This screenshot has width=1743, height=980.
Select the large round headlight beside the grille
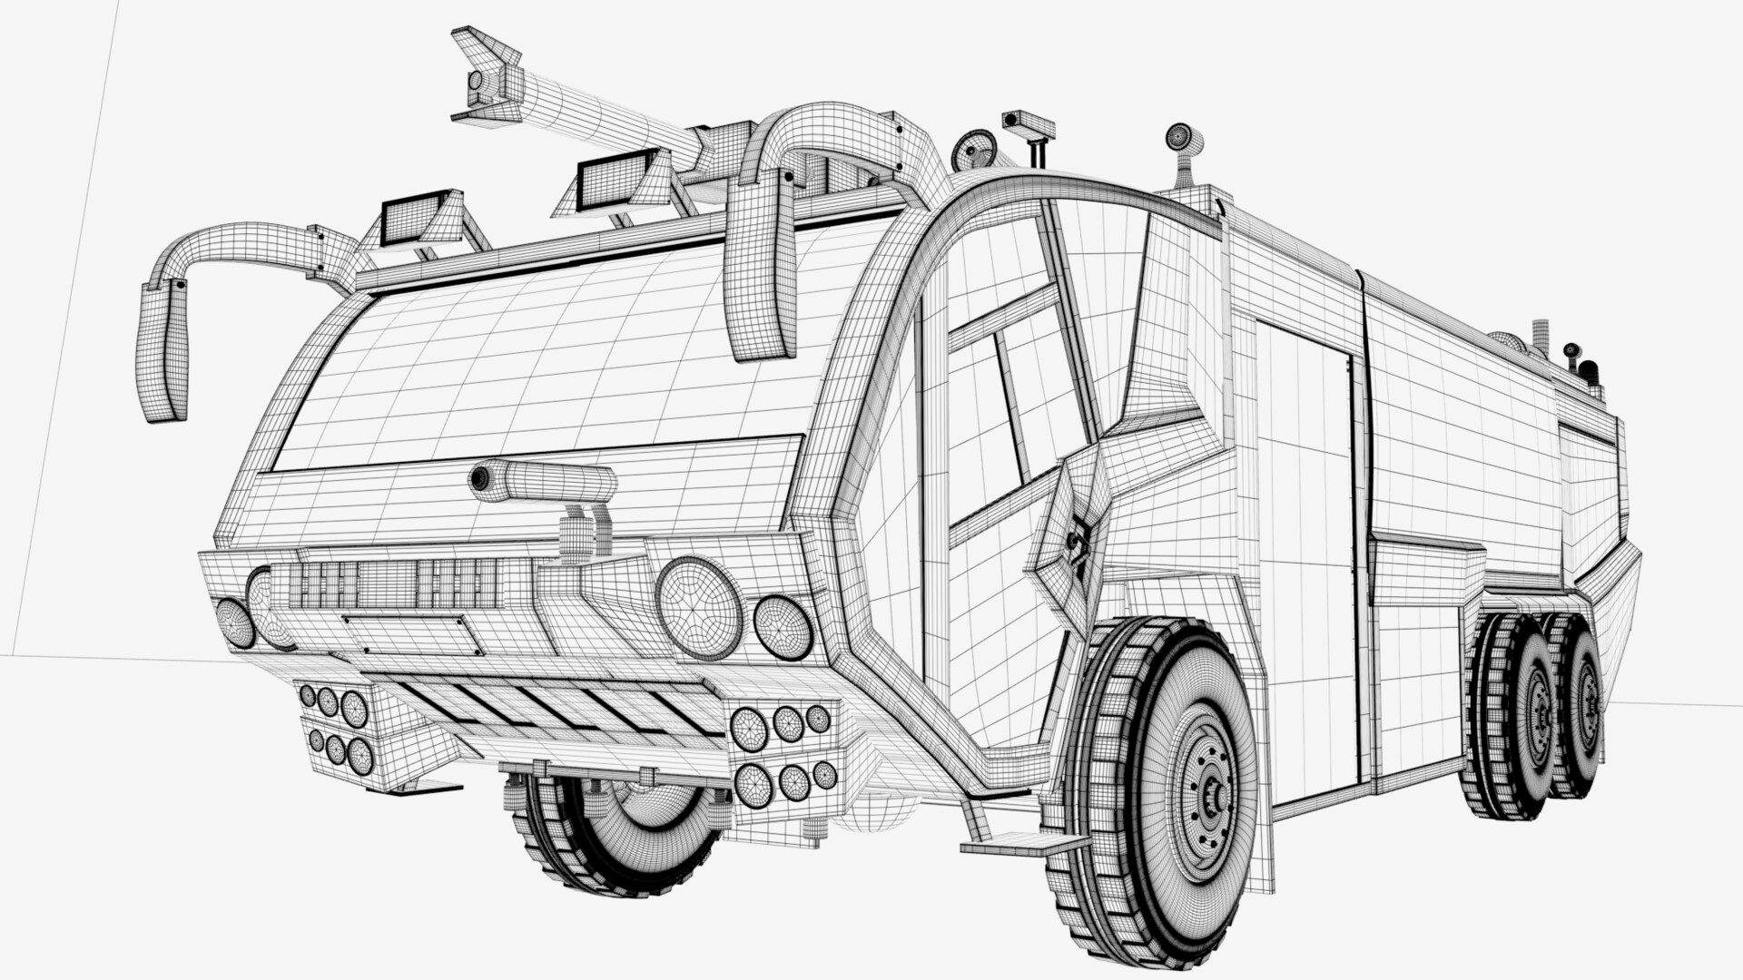coord(699,606)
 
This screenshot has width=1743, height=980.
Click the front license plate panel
coord(413,633)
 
